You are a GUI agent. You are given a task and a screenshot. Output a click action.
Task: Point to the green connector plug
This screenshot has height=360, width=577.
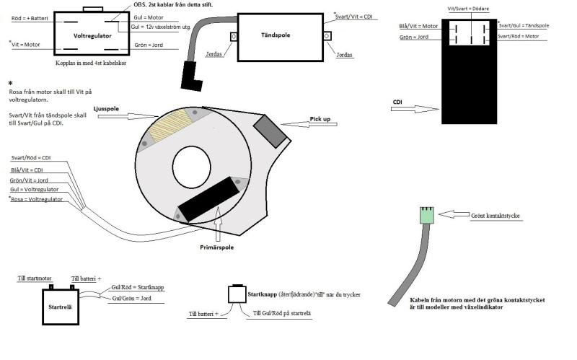tap(426, 215)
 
